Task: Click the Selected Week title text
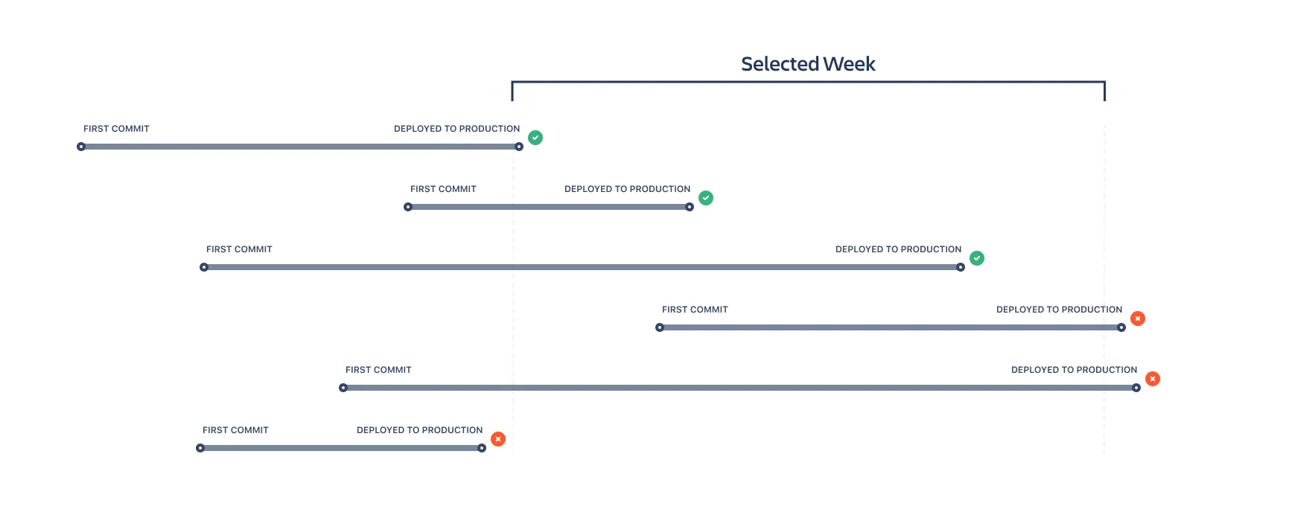click(x=808, y=64)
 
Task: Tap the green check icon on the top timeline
click(x=535, y=138)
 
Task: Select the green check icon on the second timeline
click(x=706, y=198)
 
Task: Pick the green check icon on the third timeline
click(x=977, y=258)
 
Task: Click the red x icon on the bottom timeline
click(x=498, y=439)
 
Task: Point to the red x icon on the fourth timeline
click(x=1138, y=319)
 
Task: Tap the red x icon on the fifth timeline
click(x=1153, y=379)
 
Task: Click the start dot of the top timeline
click(x=81, y=147)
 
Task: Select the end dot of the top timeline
click(x=519, y=147)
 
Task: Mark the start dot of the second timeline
click(x=408, y=207)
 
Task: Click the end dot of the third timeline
click(x=961, y=267)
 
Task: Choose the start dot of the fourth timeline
click(x=660, y=327)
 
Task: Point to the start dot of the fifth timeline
click(x=343, y=388)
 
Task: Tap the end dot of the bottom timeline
click(x=482, y=448)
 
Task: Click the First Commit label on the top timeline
click(x=116, y=129)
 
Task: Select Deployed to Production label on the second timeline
click(x=627, y=189)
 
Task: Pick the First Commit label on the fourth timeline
click(x=695, y=310)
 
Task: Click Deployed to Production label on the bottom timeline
click(x=419, y=430)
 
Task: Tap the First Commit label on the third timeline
click(x=239, y=249)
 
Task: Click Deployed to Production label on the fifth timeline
click(x=1074, y=370)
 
